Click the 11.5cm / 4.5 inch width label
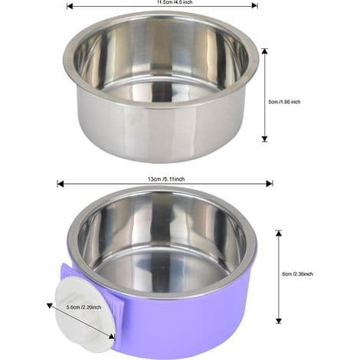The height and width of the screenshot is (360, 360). click(x=175, y=2)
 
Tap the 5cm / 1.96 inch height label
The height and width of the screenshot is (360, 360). click(x=284, y=102)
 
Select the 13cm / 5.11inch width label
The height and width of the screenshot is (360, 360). click(x=166, y=179)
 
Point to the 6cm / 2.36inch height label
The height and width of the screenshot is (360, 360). click(x=297, y=274)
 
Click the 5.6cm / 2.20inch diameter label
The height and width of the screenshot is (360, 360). click(x=83, y=307)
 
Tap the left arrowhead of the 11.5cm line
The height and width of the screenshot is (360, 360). click(x=70, y=6)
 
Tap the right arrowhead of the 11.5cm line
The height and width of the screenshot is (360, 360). click(x=254, y=5)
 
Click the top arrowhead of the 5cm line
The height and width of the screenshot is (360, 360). click(x=265, y=51)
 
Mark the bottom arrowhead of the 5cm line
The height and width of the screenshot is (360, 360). click(x=265, y=139)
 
